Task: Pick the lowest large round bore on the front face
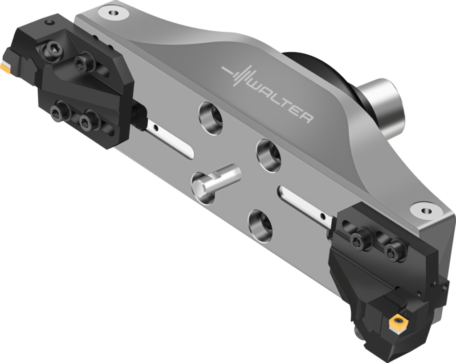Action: tap(261, 226)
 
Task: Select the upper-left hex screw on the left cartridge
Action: tap(53, 49)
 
